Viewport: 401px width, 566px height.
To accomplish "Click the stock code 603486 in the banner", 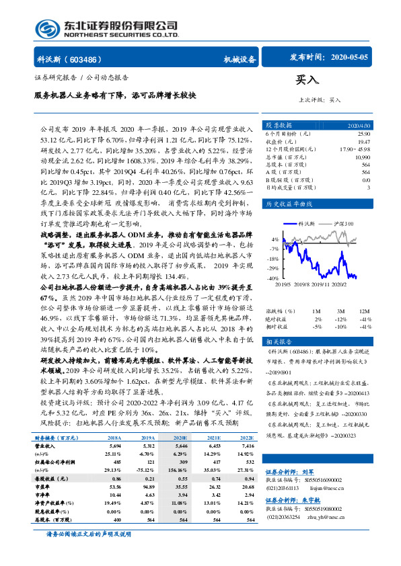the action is pyautogui.click(x=85, y=58).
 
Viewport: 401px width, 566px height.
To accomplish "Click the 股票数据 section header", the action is pyautogui.click(x=279, y=125).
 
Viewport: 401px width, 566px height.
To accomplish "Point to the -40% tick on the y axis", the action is pyautogui.click(x=274, y=278).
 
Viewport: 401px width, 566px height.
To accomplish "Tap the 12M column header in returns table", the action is pyautogui.click(x=364, y=311).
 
